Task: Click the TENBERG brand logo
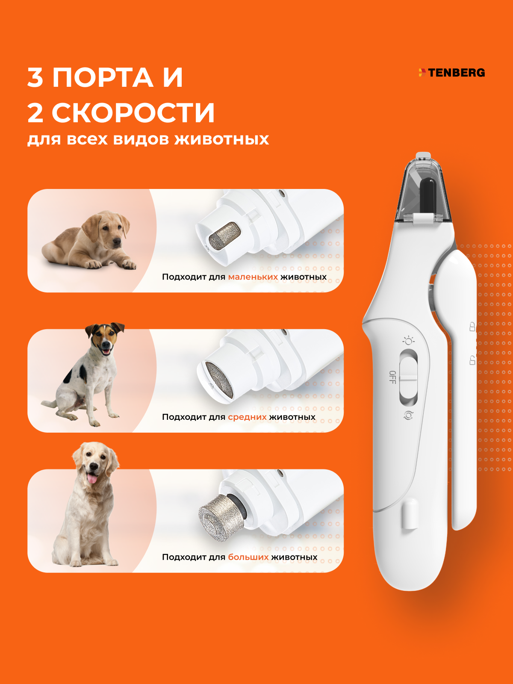click(451, 73)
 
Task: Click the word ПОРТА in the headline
click(103, 77)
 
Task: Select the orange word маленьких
click(253, 277)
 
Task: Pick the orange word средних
click(247, 417)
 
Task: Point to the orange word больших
click(248, 557)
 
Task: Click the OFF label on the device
click(393, 377)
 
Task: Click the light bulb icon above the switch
click(408, 341)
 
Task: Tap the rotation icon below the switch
click(408, 416)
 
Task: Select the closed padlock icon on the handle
click(472, 326)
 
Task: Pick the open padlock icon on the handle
click(472, 360)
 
